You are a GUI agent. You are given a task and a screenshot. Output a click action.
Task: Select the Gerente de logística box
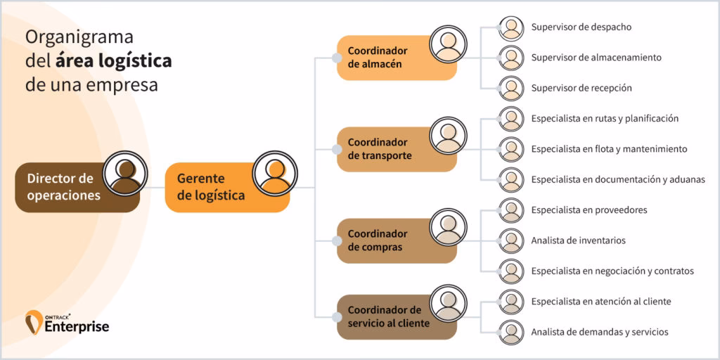click(211, 187)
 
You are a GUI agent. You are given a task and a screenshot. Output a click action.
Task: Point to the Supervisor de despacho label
click(581, 27)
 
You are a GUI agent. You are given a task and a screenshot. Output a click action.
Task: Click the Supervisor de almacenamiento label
click(596, 58)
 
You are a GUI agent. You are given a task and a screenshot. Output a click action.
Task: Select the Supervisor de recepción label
click(581, 89)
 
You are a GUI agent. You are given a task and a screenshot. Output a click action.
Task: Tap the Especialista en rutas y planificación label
click(605, 119)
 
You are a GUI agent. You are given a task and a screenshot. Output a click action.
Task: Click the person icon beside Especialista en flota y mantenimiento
click(511, 149)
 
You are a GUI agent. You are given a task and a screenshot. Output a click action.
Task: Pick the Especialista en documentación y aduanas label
click(617, 180)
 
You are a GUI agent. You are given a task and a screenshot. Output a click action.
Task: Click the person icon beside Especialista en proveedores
click(511, 210)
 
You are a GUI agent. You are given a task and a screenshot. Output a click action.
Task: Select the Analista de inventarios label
click(578, 240)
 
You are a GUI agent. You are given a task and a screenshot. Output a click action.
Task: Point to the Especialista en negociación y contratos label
click(612, 271)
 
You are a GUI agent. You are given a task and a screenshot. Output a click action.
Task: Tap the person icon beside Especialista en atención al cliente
click(511, 302)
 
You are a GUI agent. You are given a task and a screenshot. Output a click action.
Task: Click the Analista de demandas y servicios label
click(599, 332)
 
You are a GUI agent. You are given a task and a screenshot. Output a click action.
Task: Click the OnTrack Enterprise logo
click(67, 323)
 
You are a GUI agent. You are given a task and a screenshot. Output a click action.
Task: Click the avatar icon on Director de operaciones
click(126, 173)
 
